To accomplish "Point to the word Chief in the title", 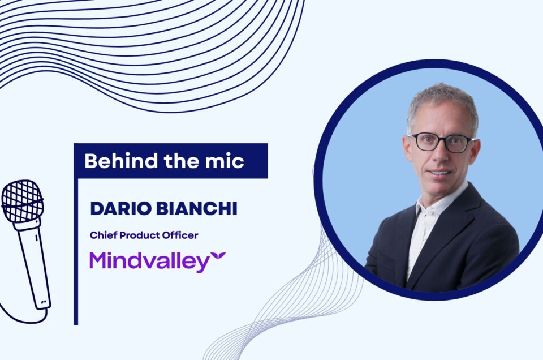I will click(102, 235).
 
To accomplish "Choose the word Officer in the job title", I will click(179, 235).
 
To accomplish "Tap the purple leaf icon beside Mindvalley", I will click(218, 258).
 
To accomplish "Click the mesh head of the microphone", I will click(23, 201).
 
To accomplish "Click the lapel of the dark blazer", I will click(464, 226).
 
